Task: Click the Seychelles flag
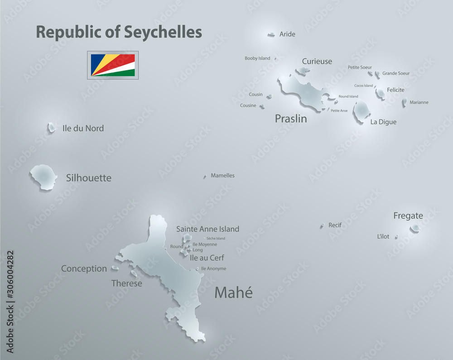(113, 65)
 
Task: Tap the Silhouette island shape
(43, 177)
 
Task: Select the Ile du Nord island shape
(51, 128)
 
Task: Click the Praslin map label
(291, 119)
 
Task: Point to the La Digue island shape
(362, 111)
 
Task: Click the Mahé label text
(233, 293)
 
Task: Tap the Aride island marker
(271, 34)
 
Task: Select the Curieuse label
(317, 61)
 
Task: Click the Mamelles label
(223, 175)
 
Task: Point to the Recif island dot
(322, 225)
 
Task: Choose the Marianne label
(419, 102)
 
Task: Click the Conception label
(84, 269)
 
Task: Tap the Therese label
(127, 283)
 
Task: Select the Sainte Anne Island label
(207, 229)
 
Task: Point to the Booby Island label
(257, 58)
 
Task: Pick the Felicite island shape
(381, 94)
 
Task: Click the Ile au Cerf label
(207, 258)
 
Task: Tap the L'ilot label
(383, 236)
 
